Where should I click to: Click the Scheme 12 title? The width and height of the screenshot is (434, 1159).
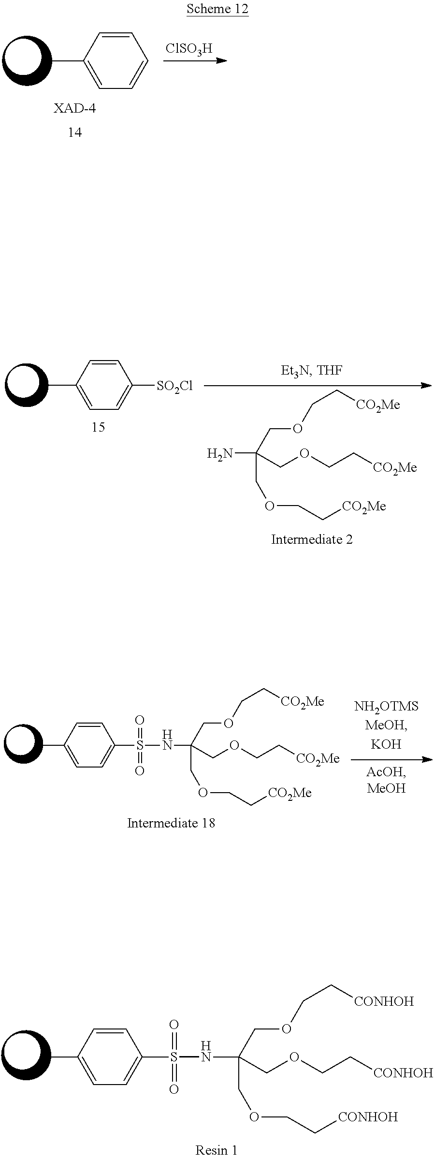coord(217,9)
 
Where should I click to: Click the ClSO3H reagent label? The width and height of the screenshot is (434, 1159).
coord(189,49)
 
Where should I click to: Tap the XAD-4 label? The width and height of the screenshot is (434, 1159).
coord(74,108)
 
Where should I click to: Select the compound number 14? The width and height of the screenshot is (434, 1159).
coord(74,132)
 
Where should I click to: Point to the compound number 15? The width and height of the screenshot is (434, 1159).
coord(98,427)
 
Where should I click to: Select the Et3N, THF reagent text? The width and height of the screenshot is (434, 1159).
coord(312,371)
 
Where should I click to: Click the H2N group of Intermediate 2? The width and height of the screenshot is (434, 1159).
coord(219,454)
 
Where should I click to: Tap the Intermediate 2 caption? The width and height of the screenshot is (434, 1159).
coord(312,539)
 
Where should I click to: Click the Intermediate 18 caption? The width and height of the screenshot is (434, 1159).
coord(171,823)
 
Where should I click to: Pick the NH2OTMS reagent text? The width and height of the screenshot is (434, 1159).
coord(386,706)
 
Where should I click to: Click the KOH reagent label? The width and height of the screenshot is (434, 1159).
coord(386,744)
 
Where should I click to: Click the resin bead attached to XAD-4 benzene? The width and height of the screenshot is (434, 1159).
coord(27,61)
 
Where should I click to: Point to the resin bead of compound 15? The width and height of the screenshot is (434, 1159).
coord(27,386)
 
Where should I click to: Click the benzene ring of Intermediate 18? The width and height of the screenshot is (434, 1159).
coord(90,745)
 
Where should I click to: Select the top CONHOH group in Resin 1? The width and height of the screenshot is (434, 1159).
coord(384,1001)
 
